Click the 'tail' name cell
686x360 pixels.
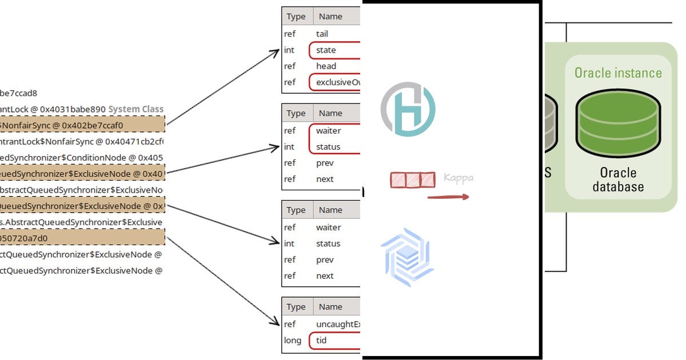click(322, 34)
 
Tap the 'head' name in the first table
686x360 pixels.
click(326, 66)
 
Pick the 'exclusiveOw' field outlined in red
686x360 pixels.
click(337, 82)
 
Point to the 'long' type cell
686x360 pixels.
click(293, 341)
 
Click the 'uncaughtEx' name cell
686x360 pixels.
click(338, 325)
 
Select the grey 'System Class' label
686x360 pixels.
click(135, 109)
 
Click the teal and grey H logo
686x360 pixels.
click(408, 109)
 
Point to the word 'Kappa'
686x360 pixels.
click(458, 178)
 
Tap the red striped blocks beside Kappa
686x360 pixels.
click(412, 180)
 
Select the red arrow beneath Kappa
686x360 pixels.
click(448, 198)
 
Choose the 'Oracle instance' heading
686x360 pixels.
click(618, 73)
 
